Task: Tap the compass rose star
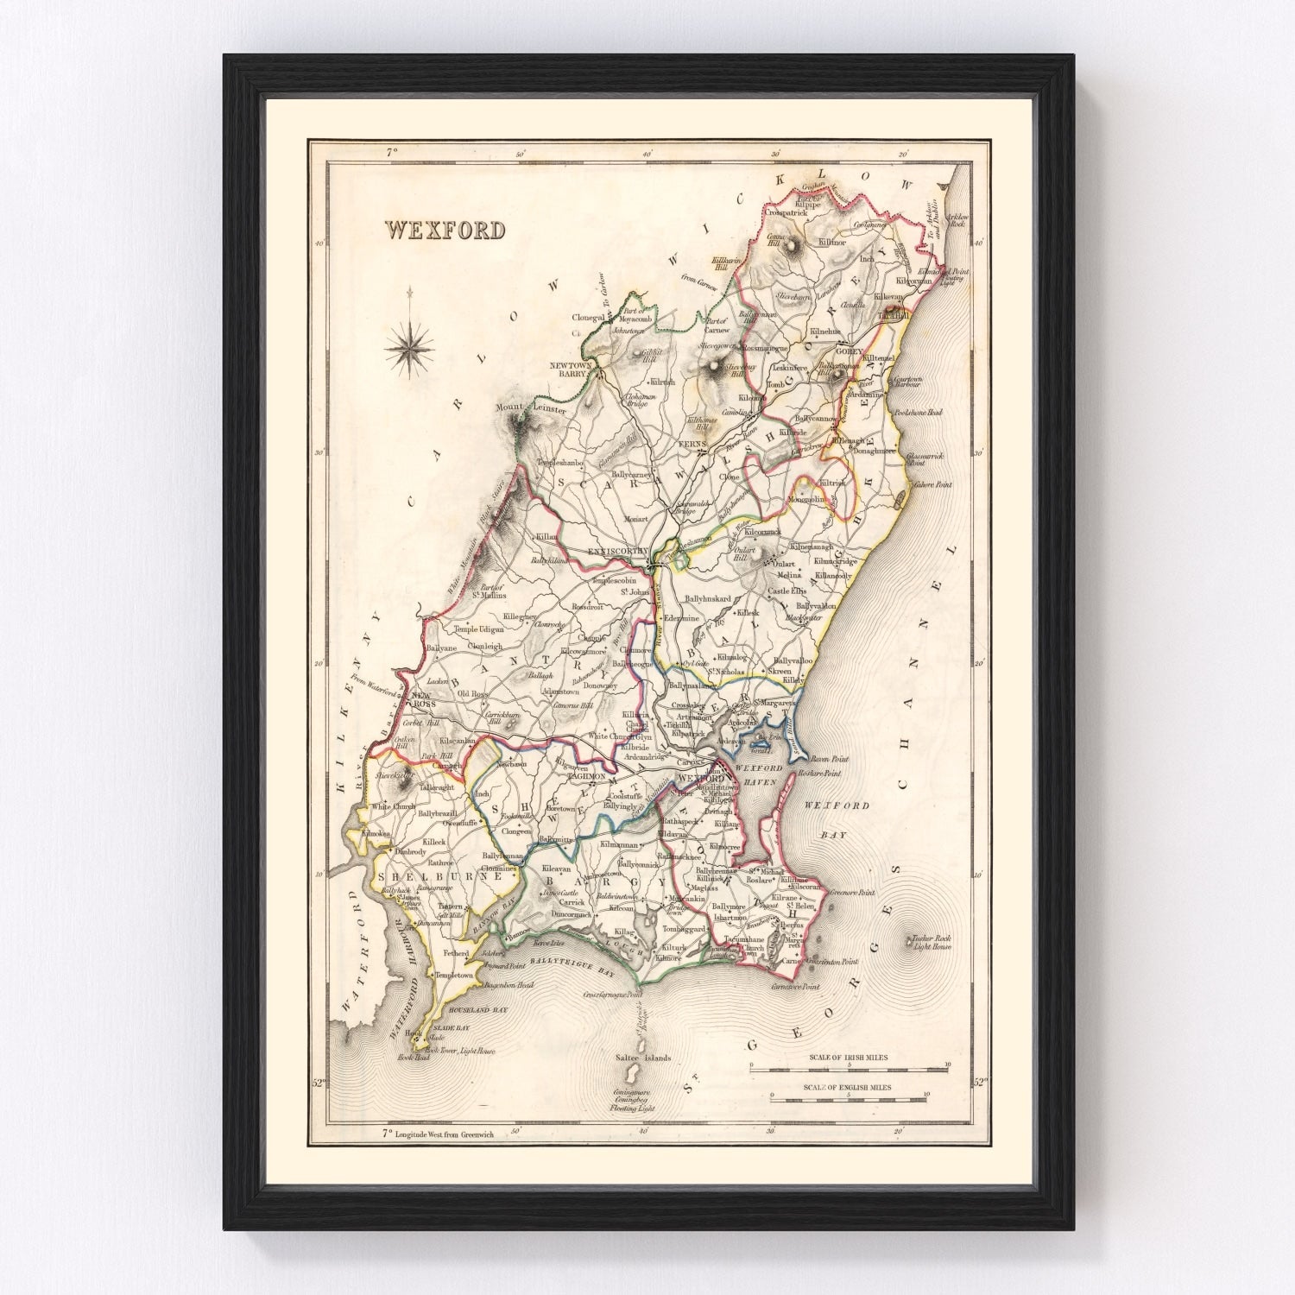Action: tap(410, 348)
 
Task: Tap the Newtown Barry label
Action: tap(575, 370)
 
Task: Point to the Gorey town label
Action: tap(849, 352)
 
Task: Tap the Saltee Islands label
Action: tap(640, 1058)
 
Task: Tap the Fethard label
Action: tap(456, 953)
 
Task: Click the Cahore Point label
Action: tap(933, 485)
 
